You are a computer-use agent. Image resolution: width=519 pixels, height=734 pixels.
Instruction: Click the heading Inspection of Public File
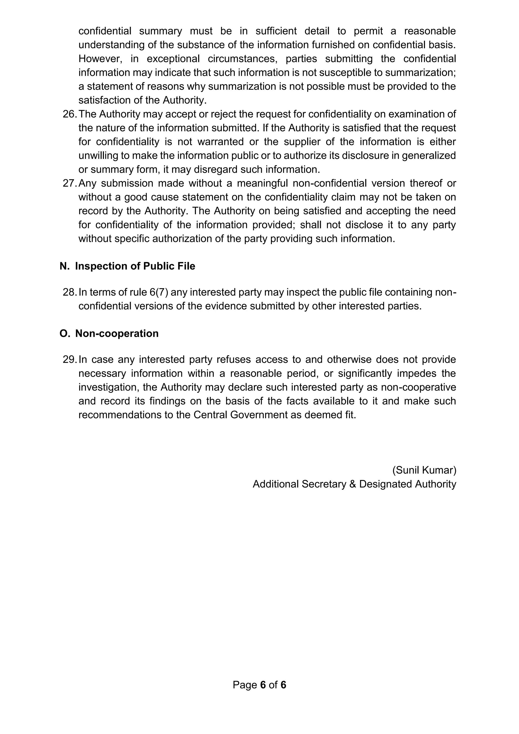[x=135, y=266]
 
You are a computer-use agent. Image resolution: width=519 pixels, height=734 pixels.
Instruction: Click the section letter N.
[x=64, y=266]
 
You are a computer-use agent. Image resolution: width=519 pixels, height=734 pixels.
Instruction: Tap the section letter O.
[x=64, y=334]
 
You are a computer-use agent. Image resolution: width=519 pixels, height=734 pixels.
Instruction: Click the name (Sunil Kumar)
[x=424, y=470]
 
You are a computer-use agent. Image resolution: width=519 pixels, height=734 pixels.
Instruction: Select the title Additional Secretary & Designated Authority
[x=354, y=484]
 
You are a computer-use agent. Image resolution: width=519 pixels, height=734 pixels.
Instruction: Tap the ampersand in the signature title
[x=353, y=484]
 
